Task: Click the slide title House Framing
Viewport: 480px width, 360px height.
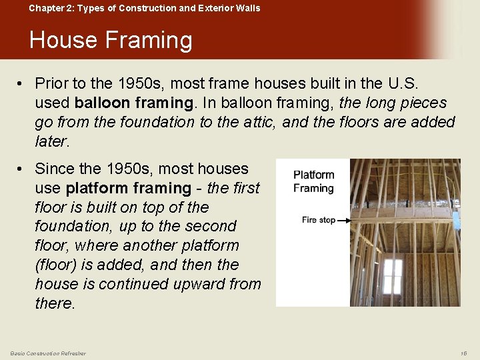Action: pos(111,41)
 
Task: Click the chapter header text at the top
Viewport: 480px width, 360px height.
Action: pos(145,8)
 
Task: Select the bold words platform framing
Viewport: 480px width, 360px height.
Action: pos(128,189)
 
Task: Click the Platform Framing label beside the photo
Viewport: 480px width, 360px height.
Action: pos(313,181)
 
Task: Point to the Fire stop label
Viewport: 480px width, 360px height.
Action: pos(318,219)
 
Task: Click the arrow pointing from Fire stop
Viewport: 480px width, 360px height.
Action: pos(345,219)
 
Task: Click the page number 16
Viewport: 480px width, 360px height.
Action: pos(463,353)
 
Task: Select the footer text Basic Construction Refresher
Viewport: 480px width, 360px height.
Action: pos(48,353)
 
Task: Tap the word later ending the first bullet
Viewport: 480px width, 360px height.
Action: pos(51,141)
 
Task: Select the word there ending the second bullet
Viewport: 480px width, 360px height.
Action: pos(54,303)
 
